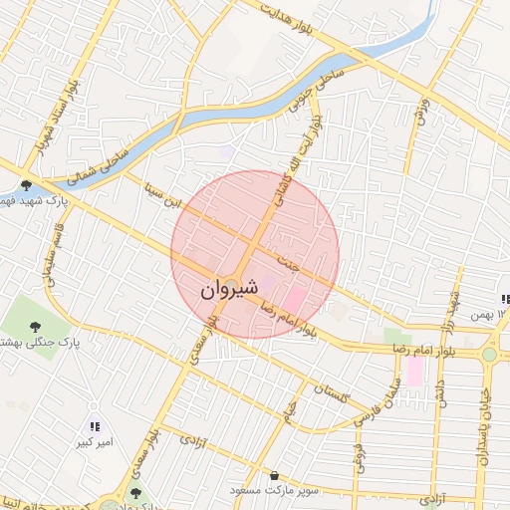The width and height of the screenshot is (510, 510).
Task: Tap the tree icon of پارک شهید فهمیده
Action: pos(26,184)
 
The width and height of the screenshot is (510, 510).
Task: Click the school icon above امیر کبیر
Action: pos(96,427)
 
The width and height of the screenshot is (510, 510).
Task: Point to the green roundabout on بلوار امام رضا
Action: pos(489,355)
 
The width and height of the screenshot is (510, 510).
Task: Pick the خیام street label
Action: pos(291,410)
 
